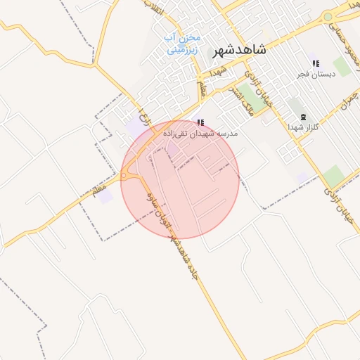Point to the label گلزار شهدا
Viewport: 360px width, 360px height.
click(x=304, y=127)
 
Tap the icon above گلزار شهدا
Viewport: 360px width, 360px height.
click(x=304, y=117)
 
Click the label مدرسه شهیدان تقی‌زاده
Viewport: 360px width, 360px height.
click(x=201, y=132)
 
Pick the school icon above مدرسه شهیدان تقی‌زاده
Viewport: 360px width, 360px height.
click(x=201, y=123)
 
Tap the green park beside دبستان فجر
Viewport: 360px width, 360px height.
click(x=342, y=67)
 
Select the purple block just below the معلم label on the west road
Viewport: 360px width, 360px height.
click(x=105, y=196)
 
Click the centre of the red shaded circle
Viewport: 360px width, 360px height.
click(x=179, y=179)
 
